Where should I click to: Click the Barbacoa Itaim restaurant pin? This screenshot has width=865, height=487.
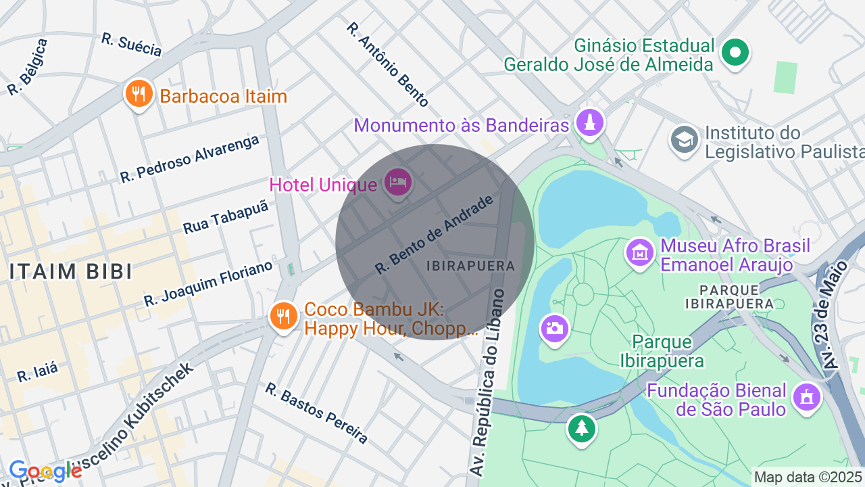coord(139,95)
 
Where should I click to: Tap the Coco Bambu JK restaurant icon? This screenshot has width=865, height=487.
coord(284,316)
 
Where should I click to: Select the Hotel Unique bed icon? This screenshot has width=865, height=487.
coord(398,182)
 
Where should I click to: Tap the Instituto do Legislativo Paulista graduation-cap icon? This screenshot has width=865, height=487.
coord(685,139)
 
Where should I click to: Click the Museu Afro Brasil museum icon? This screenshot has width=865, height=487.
coord(639,252)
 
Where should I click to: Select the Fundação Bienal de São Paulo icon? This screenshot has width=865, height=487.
coord(806,397)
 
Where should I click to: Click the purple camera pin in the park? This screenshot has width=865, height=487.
coord(554,329)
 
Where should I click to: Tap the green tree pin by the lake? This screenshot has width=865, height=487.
coord(581,427)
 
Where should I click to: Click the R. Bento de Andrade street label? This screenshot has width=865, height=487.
coord(434,235)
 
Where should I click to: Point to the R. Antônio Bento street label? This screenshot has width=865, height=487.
coord(387,64)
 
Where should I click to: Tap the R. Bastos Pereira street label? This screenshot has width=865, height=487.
coord(316,413)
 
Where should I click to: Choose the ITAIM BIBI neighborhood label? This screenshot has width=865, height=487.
coord(70,271)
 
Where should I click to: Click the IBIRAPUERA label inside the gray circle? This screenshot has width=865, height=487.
coord(471,266)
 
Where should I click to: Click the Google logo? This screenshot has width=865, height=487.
coord(45,471)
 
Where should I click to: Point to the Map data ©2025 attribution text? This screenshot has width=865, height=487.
coord(808,477)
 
